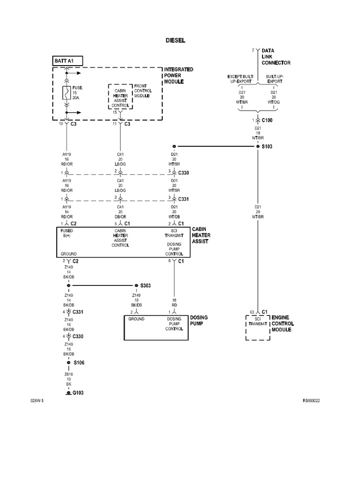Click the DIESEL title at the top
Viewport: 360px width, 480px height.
click(x=176, y=41)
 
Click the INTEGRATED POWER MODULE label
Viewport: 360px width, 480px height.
click(x=179, y=75)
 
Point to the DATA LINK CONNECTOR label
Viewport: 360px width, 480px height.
click(x=276, y=57)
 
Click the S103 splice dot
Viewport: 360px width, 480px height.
click(x=257, y=146)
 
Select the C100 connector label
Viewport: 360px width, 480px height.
click(x=267, y=120)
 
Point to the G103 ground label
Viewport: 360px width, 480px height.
click(x=78, y=393)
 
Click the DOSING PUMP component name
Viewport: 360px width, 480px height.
click(x=199, y=320)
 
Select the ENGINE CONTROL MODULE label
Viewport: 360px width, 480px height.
click(x=283, y=323)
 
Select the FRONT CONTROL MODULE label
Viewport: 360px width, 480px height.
click(x=142, y=90)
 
